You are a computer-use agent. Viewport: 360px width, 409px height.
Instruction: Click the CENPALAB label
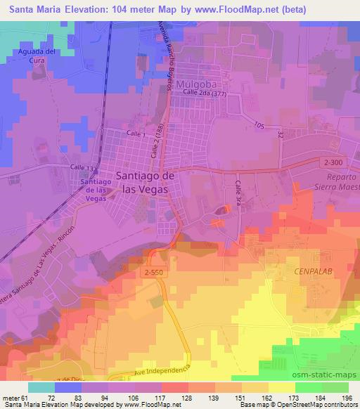(309, 270)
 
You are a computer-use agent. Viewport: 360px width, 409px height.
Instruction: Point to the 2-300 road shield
(335, 161)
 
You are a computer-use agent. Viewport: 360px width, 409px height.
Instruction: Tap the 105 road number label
(261, 125)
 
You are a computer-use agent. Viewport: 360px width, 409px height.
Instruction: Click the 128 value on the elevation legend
(187, 397)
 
